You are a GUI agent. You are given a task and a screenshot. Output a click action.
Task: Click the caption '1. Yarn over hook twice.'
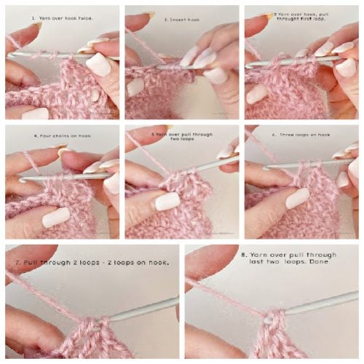pyautogui.click(x=62, y=16)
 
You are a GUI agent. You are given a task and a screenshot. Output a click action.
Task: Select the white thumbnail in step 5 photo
pyautogui.click(x=167, y=201)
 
